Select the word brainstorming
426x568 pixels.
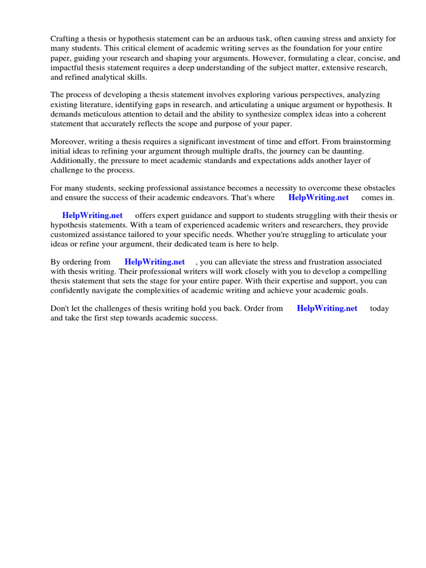click(x=366, y=141)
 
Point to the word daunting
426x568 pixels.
click(x=347, y=151)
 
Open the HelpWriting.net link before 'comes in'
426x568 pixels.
click(x=318, y=197)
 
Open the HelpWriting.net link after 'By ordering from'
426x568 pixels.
click(x=155, y=262)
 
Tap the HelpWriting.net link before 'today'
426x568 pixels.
click(x=327, y=308)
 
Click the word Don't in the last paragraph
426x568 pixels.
click(x=60, y=308)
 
